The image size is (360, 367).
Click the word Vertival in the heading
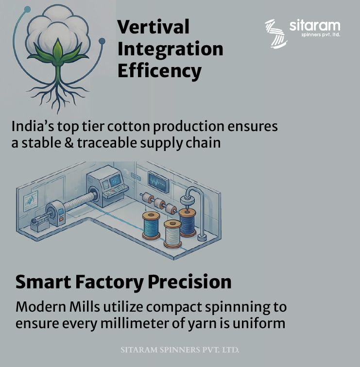(153, 27)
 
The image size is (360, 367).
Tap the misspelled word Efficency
(159, 71)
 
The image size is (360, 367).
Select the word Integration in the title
(170, 49)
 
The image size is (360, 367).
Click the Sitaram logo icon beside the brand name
(275, 33)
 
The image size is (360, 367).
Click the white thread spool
(172, 234)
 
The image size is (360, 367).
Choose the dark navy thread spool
(187, 221)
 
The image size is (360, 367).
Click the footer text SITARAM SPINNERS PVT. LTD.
(180, 350)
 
